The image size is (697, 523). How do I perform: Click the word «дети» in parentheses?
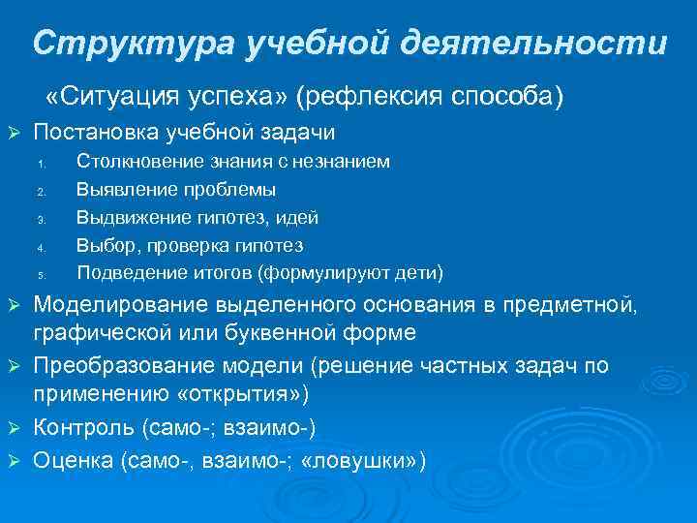click(x=415, y=271)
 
